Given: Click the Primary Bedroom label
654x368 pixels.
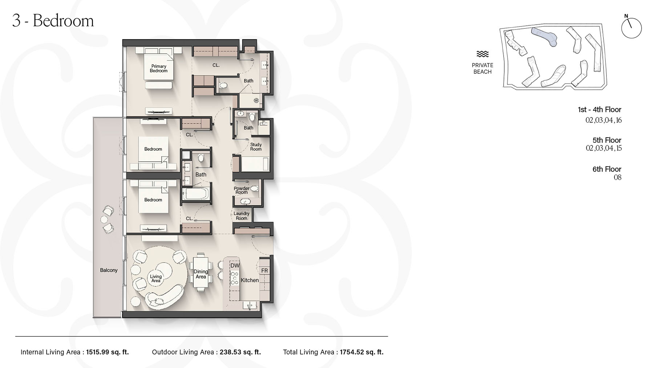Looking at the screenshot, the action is point(159,68).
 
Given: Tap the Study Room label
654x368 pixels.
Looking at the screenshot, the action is point(256,147).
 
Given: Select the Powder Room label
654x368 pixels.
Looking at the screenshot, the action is point(241,190).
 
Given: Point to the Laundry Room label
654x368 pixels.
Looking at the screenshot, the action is point(241,216).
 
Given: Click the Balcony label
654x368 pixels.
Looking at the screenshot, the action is point(109,270).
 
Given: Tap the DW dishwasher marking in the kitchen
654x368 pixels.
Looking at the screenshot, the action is point(235,266).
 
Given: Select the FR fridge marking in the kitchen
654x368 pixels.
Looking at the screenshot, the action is point(265,271).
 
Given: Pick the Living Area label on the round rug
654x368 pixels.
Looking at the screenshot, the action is point(156,278).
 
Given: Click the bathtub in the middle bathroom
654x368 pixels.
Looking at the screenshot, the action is point(196,194).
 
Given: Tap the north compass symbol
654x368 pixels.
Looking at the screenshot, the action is point(631,27).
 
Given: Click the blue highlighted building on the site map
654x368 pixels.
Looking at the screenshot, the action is point(544,36).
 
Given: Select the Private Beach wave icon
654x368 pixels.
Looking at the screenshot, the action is point(483,54).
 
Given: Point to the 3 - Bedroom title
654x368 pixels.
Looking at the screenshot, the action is point(53,21).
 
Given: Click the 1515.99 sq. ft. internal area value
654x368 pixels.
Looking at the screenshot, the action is point(108,352).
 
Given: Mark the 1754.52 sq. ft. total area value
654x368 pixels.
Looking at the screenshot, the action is point(362,352).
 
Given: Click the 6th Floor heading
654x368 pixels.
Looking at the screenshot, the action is point(607,169).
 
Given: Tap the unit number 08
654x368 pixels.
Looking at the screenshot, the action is point(617,177).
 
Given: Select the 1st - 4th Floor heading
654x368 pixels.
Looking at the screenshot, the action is point(599,109).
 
